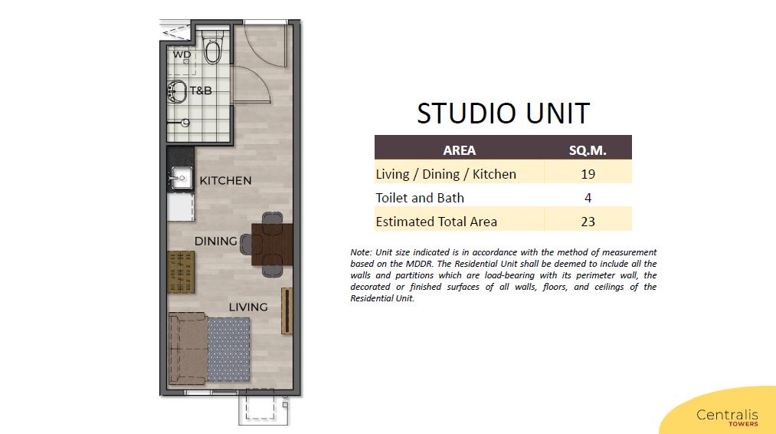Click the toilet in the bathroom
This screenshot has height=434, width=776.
point(213,48)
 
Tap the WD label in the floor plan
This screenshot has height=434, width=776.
point(182,54)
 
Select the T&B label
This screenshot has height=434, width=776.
point(201,90)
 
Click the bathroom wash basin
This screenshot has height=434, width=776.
point(177,91)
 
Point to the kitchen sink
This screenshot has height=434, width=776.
point(181,177)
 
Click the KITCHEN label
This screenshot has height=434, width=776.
point(225,180)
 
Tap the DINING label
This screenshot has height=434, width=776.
point(216,242)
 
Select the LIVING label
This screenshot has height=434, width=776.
point(248,307)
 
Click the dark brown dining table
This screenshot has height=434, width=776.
point(272,245)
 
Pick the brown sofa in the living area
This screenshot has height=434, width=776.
point(188,348)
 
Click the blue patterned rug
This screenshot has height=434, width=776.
point(228,350)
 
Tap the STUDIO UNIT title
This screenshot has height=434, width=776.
point(503,113)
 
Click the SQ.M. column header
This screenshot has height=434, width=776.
point(588,150)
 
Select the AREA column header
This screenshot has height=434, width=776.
point(460,150)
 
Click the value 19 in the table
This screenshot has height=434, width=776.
point(588,174)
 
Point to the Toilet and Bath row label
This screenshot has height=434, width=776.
point(420,198)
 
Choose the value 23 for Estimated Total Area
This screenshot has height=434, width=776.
point(588,222)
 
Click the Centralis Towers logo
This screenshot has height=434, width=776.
point(727,416)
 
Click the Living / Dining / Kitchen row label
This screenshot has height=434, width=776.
point(446,174)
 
